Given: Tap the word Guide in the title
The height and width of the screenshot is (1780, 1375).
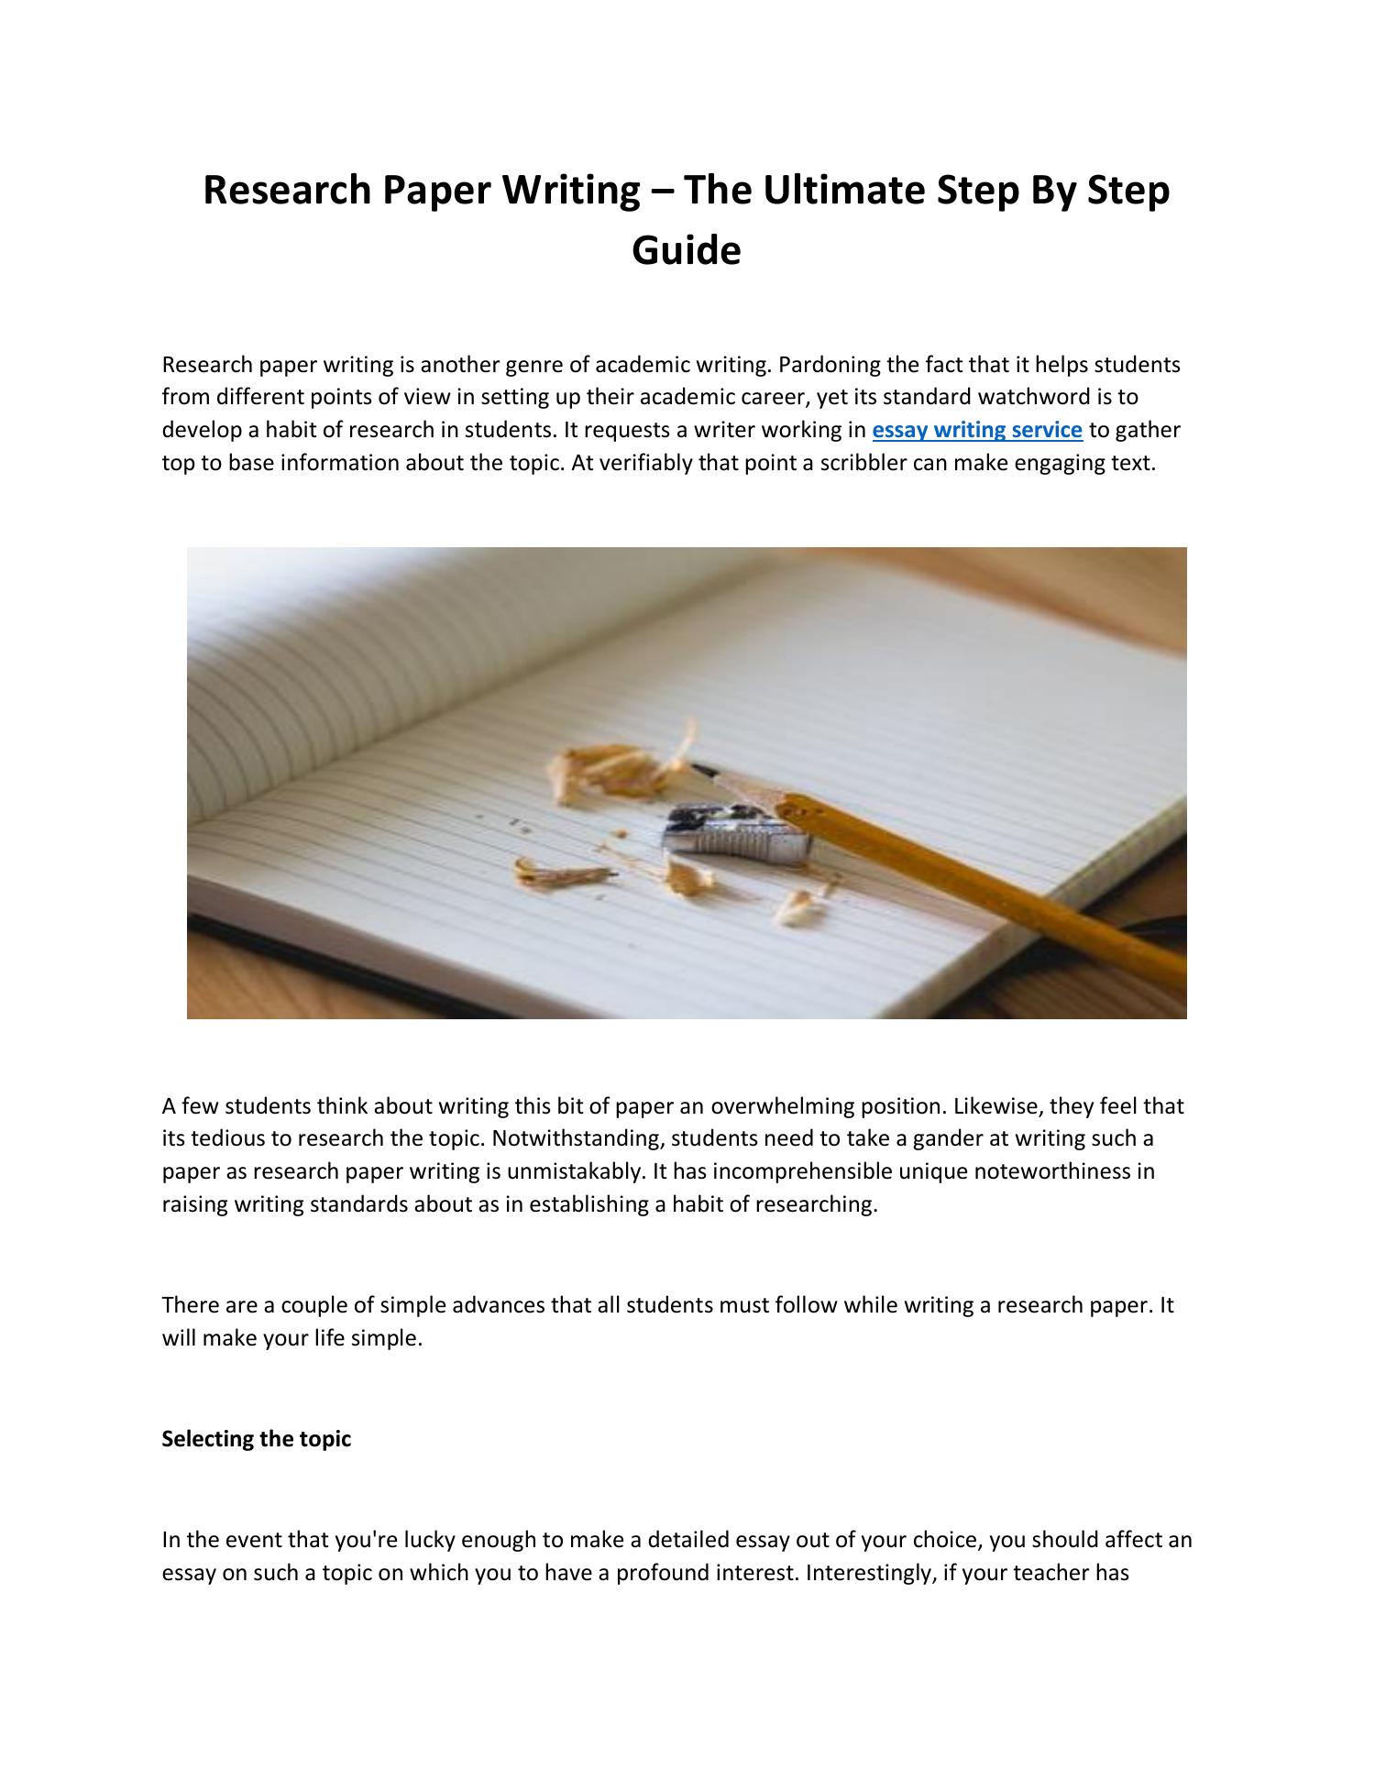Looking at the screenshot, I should click(x=686, y=250).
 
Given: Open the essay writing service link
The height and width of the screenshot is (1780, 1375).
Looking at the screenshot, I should click(x=977, y=430).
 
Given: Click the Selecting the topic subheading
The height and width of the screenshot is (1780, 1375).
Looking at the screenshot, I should click(x=257, y=1439).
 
